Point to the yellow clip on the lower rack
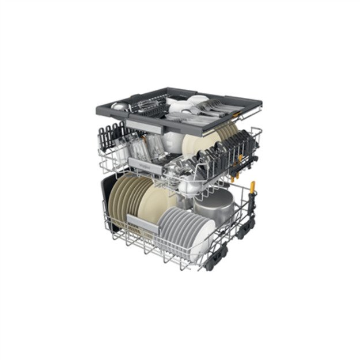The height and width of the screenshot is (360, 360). (252, 187)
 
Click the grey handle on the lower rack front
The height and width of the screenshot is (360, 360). (140, 221)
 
